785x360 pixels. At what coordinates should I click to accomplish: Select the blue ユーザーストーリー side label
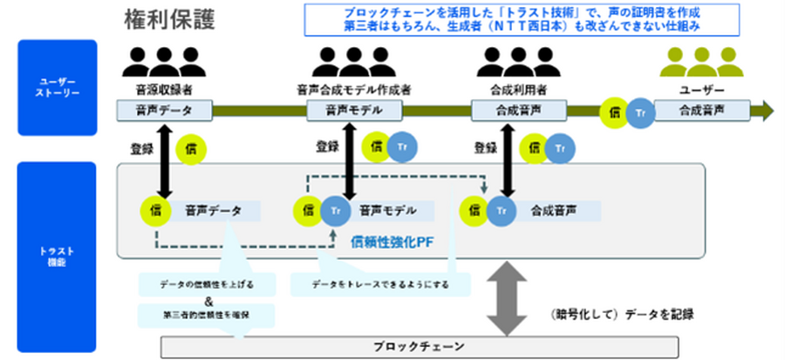(57, 87)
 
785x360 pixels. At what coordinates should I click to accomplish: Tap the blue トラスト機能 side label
(57, 254)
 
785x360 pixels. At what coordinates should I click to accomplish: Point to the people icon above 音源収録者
(160, 62)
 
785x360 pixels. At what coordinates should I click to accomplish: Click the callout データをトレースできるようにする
(380, 284)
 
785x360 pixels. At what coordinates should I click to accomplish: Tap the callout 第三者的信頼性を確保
(207, 313)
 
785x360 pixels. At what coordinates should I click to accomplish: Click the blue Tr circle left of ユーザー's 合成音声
(641, 112)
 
